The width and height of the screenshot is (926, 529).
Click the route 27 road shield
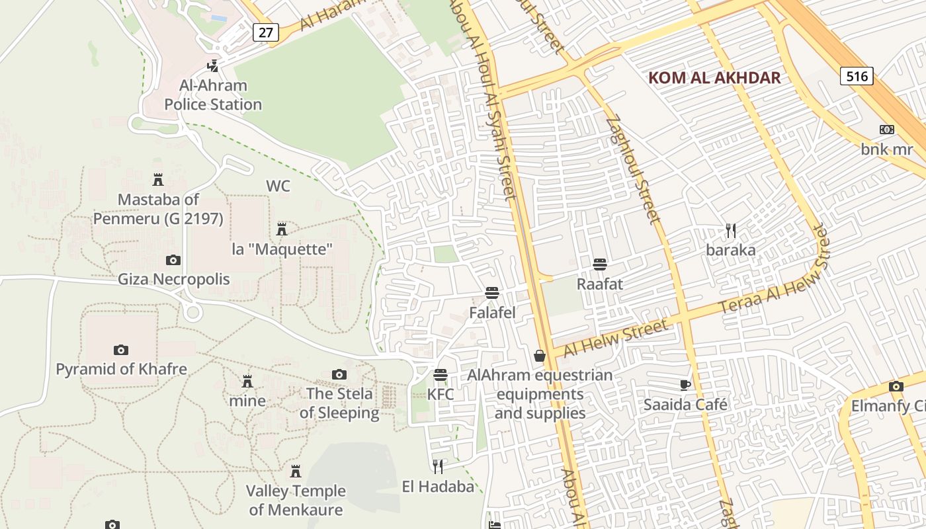265,32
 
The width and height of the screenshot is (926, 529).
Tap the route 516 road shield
857,76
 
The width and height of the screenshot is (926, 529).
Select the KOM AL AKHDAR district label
714,77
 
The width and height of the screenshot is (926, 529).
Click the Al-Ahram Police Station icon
213,65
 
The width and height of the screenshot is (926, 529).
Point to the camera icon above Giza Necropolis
173,260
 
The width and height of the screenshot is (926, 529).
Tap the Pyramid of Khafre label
121,369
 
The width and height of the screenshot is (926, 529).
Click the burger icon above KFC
441,375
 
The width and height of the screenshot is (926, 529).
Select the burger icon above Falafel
491,293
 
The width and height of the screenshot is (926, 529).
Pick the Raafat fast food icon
600,264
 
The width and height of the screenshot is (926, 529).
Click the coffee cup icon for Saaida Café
685,385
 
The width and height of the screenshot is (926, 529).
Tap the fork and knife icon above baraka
731,231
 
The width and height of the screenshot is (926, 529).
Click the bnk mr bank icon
886,130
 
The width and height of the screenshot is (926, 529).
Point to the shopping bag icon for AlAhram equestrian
540,356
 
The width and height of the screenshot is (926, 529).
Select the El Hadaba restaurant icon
437,467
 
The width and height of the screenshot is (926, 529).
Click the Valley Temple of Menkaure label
296,500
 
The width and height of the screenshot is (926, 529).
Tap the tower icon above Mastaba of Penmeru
158,179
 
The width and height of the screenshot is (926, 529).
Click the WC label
278,186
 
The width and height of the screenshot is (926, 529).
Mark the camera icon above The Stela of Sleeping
339,375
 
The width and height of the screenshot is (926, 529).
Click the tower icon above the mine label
247,382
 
